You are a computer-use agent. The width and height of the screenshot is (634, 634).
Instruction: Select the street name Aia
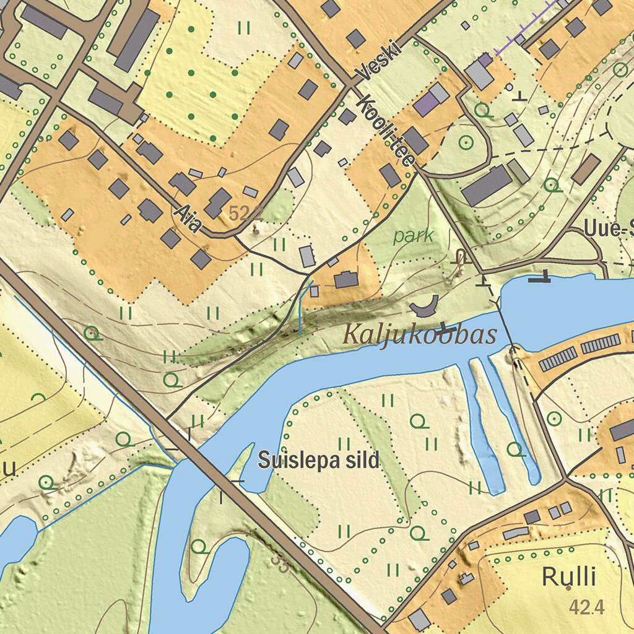tap(188, 220)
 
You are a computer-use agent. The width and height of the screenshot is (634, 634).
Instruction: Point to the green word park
tap(413, 236)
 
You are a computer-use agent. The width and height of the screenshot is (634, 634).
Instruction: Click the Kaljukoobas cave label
tap(419, 335)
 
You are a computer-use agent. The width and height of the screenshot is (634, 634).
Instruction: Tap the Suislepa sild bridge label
tap(318, 460)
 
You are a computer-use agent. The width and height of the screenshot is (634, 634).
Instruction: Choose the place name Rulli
tap(568, 577)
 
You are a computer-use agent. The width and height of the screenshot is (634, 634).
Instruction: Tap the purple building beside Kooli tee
tap(425, 105)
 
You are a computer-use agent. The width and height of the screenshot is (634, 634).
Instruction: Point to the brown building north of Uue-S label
tap(586, 169)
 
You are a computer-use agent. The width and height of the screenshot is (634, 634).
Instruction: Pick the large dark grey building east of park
tap(486, 185)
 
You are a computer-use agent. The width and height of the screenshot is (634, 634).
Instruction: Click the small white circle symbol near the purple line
tap(509, 87)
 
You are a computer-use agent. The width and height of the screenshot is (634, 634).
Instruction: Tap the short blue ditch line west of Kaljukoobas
tap(300, 310)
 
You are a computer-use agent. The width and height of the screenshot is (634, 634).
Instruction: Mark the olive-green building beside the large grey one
tap(518, 171)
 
